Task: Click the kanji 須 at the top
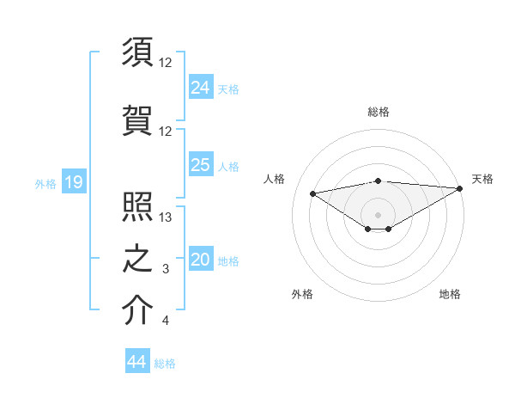(137, 52)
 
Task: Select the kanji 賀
(137, 119)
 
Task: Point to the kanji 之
(137, 258)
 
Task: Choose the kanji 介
(137, 309)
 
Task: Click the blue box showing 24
(201, 86)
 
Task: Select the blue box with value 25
(201, 165)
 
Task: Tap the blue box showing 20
(201, 260)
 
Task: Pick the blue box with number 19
(73, 182)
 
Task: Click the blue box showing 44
(136, 363)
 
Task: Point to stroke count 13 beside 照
(166, 218)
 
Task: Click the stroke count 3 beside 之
(166, 270)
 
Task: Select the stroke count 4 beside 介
(166, 321)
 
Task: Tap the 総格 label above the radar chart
(379, 112)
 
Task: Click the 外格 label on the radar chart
(302, 294)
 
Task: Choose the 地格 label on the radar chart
(450, 294)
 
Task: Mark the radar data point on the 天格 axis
(460, 187)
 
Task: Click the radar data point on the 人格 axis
(312, 193)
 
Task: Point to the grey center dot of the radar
(378, 213)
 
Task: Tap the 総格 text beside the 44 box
(165, 364)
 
